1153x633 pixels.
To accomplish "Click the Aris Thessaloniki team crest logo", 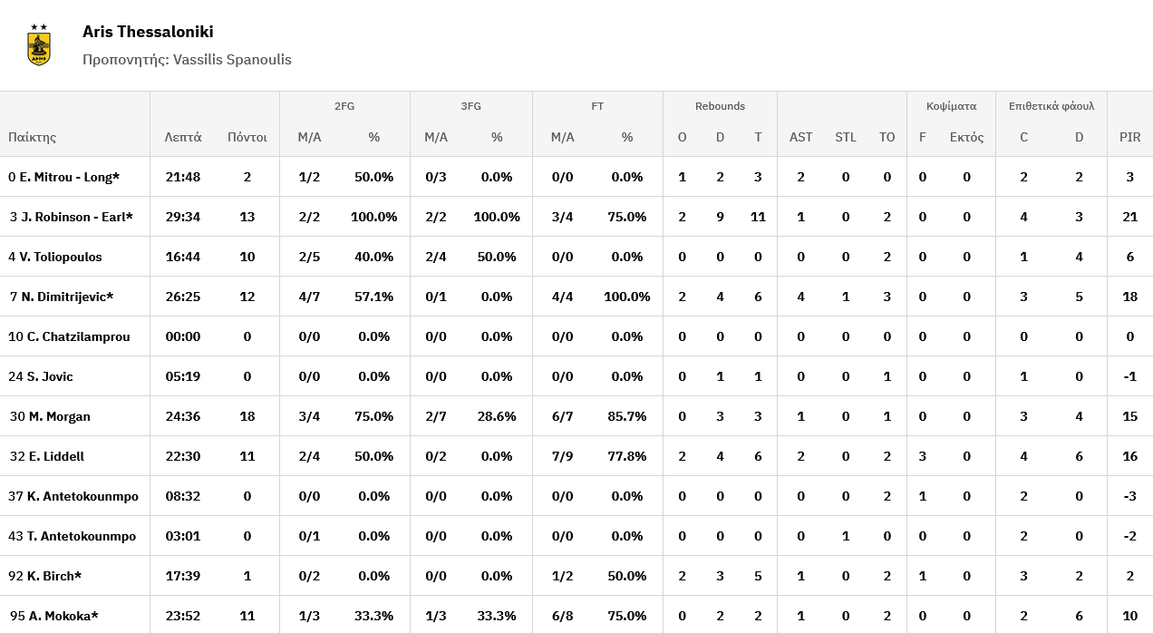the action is click(39, 44).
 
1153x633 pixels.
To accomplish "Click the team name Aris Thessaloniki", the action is click(148, 32).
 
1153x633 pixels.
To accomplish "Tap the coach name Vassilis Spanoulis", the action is click(232, 60).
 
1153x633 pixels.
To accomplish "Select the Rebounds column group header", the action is click(720, 106).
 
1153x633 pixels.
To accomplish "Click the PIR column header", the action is click(1129, 138).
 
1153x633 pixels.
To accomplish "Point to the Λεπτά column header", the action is click(183, 138).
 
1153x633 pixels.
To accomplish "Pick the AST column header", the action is click(801, 138).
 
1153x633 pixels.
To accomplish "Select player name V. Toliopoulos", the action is click(60, 257).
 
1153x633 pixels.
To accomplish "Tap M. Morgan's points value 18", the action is click(247, 416).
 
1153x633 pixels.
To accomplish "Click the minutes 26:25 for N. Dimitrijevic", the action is click(183, 297).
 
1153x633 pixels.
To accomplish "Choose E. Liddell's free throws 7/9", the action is click(562, 456).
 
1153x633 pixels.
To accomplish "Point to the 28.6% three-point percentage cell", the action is click(496, 416).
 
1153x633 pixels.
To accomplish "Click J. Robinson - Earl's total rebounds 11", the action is click(758, 217).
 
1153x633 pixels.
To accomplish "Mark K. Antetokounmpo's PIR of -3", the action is click(1129, 496).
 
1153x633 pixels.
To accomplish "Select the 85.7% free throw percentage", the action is click(626, 416).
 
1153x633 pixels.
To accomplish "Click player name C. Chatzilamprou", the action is click(78, 336).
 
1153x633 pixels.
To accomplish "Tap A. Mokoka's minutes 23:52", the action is click(183, 616).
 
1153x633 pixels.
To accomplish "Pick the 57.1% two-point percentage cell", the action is click(373, 297).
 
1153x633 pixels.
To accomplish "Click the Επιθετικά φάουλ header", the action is click(1051, 106).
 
